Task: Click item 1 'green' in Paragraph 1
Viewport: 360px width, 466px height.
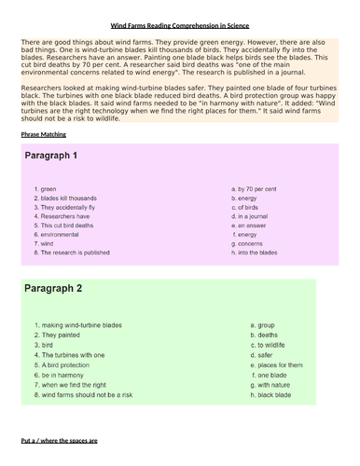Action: [46, 189]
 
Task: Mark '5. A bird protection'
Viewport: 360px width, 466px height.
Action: [64, 365]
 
